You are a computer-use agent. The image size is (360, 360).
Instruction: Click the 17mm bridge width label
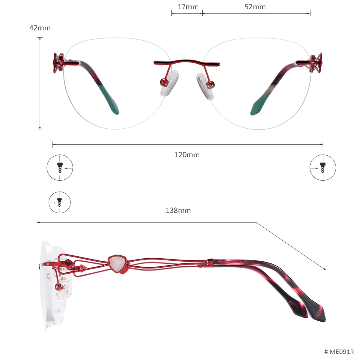pos(188,7)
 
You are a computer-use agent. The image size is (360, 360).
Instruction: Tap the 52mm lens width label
pos(255,7)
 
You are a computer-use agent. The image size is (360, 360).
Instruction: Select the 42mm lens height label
pos(40,28)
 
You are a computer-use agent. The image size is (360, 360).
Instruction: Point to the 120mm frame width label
pos(187,155)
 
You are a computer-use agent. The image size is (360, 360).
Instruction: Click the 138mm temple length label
pos(178,211)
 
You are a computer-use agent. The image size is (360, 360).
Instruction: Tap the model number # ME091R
pos(339,352)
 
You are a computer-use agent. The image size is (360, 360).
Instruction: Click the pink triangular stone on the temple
pos(117,264)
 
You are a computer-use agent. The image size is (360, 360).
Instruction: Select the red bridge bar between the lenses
pos(187,63)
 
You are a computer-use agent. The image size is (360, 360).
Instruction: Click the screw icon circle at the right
pos(323,168)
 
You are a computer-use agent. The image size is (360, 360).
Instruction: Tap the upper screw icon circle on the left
pos(60,168)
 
